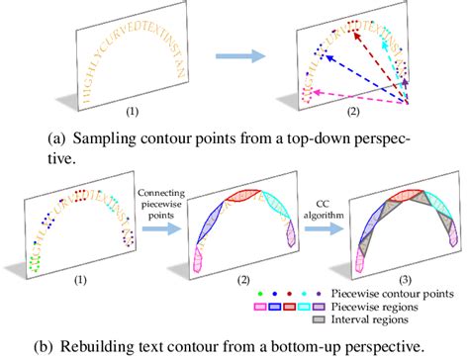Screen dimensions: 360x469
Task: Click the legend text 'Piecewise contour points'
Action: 405,294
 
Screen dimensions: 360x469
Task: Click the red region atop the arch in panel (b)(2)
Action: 243,201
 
